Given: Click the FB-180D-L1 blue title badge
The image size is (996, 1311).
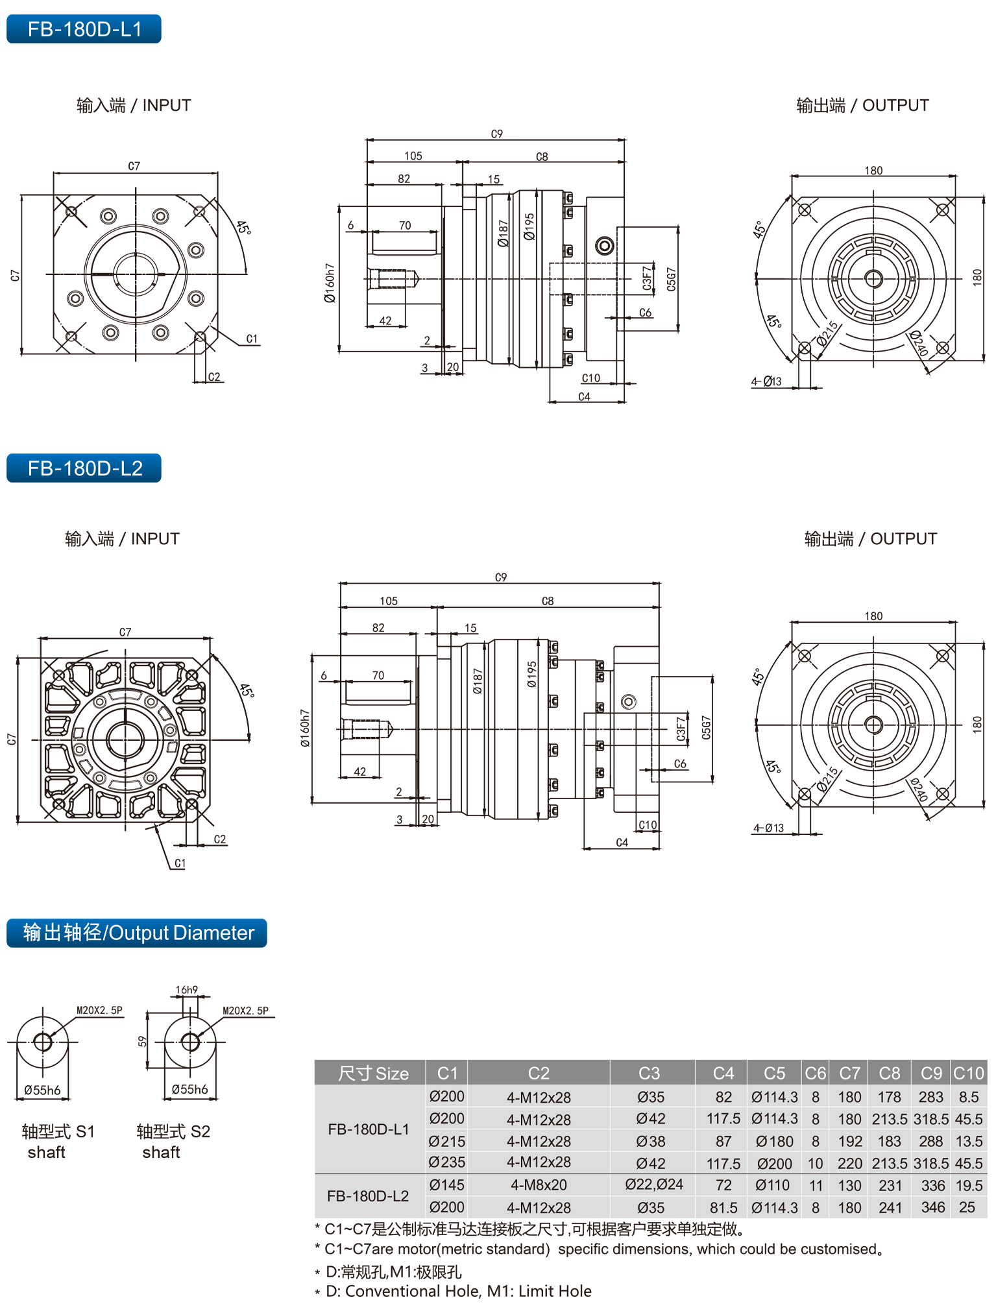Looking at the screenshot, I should (x=84, y=29).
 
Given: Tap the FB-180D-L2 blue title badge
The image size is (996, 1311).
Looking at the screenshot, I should (x=84, y=468).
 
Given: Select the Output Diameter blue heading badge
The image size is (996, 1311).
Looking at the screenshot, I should (x=137, y=933).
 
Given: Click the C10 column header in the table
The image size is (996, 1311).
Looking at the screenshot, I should (x=968, y=1074).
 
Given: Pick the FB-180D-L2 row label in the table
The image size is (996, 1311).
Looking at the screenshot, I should (x=368, y=1196).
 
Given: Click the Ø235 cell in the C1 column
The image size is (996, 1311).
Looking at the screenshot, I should (x=446, y=1162).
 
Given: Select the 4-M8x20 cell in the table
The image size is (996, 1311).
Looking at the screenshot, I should (x=539, y=1185).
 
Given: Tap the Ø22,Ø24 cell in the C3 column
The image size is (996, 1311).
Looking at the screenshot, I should (x=653, y=1185).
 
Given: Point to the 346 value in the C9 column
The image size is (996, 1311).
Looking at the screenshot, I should (x=932, y=1207).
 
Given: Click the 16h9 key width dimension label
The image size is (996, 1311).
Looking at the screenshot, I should (x=186, y=990).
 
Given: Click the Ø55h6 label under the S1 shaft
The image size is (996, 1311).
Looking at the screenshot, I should (x=42, y=1090).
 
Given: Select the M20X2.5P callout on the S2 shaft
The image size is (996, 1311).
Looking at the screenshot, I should (x=245, y=1011).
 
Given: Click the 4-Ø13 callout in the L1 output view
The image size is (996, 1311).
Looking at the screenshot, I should (x=767, y=381).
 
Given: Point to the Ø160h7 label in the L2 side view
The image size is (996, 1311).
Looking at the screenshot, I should (x=305, y=727).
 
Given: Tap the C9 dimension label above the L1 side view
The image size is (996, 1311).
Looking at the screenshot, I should (x=496, y=134).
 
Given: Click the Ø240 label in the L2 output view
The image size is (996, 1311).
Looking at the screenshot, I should (x=918, y=789).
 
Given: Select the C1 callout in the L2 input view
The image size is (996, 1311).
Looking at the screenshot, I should (x=180, y=863).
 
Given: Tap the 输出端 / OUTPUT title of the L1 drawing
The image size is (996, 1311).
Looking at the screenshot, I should (x=862, y=105).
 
